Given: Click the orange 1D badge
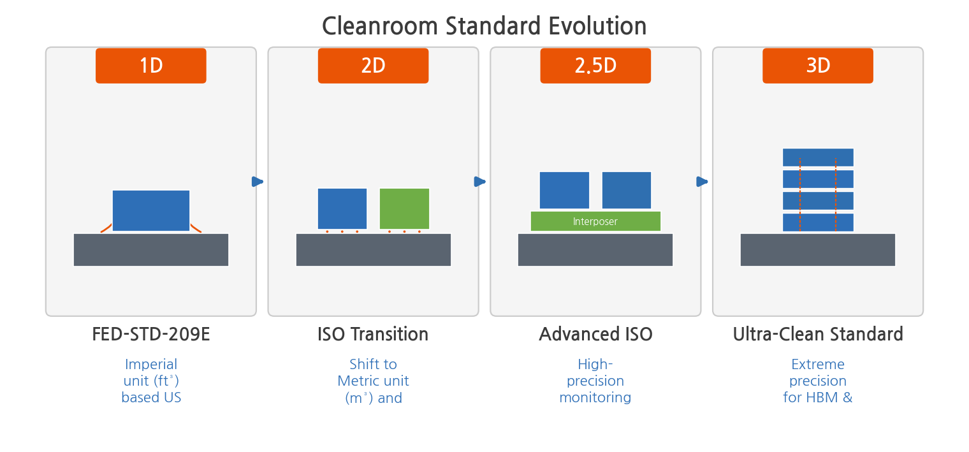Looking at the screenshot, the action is [x=151, y=66].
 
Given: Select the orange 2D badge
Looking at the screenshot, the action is [x=374, y=66].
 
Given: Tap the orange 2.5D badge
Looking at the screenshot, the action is [x=595, y=66].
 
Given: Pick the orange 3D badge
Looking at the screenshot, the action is [x=817, y=66].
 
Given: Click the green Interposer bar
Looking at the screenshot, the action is [x=595, y=221].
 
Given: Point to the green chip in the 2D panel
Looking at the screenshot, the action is [x=404, y=209].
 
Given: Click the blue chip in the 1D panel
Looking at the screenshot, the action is [x=151, y=210].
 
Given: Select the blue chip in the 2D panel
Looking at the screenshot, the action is [x=342, y=209].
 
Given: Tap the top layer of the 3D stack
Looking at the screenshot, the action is [x=818, y=157].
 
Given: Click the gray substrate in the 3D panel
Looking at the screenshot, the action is [x=817, y=250].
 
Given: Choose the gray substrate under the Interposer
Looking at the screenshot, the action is [x=595, y=250].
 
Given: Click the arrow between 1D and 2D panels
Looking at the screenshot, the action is [x=258, y=182].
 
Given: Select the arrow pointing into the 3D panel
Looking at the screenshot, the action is [x=702, y=182].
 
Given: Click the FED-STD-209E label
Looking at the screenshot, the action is [x=151, y=334].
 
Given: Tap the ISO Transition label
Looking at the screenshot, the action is [x=373, y=334].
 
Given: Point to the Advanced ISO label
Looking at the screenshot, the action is [x=595, y=334].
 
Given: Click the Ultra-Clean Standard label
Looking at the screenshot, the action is [x=818, y=334].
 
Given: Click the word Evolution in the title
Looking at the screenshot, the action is [x=597, y=26].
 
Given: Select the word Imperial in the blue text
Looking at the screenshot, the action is [x=151, y=365].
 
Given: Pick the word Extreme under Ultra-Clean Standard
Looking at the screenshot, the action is [x=817, y=365].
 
